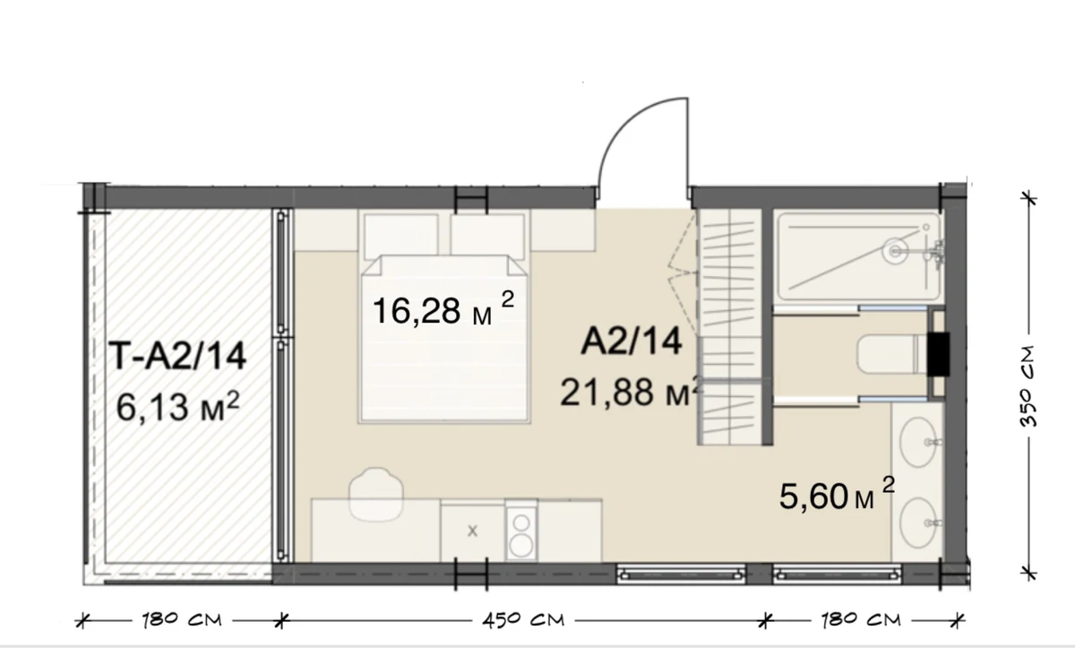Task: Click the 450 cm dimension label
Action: pos(523,619)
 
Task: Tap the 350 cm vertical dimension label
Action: pos(1028,386)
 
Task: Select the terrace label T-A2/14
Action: pos(177,356)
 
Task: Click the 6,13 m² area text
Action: pos(177,406)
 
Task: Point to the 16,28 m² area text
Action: pos(443,309)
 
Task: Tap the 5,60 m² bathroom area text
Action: pos(837,494)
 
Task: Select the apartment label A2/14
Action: pos(631,341)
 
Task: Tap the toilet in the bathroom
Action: pos(891,354)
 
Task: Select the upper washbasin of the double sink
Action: pos(918,442)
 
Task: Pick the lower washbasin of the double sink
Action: pos(918,523)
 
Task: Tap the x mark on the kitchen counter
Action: pos(473,531)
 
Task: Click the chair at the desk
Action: pos(376,495)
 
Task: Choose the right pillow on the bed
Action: pos(487,235)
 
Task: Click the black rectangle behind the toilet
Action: pos(938,354)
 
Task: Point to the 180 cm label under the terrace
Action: pos(182,619)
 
